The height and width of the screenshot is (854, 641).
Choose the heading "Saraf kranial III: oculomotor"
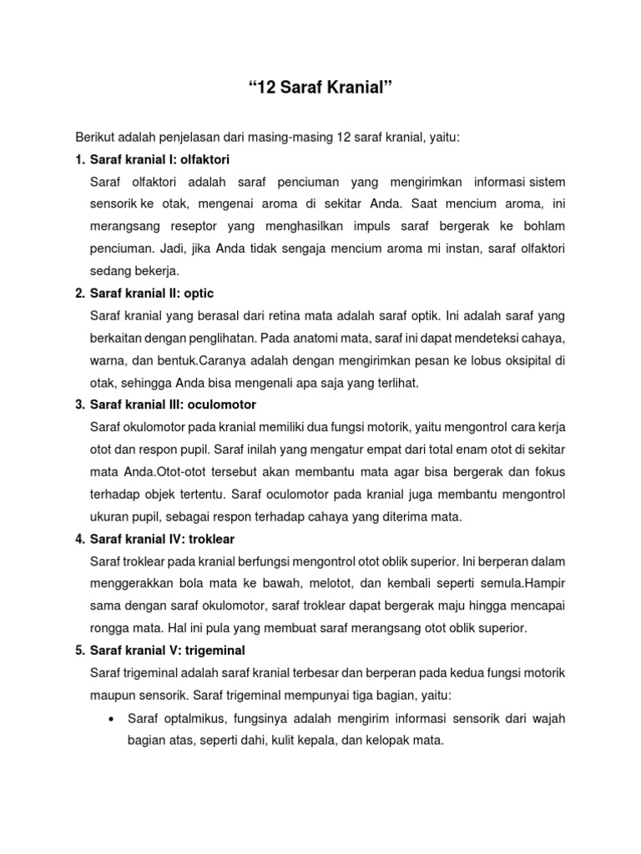click(172, 404)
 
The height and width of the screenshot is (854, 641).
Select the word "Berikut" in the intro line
click(94, 136)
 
